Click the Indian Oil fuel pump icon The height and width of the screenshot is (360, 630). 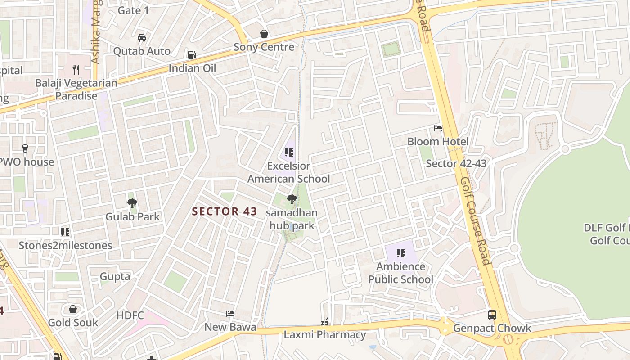(192, 55)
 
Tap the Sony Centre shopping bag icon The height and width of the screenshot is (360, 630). (264, 34)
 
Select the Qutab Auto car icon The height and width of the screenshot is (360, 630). (142, 38)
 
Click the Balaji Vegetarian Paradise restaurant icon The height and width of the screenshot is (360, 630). (76, 70)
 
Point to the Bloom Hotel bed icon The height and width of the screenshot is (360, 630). (438, 128)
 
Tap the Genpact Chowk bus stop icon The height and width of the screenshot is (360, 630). (492, 315)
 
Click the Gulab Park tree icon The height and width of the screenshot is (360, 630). (132, 203)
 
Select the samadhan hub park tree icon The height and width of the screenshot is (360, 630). (292, 199)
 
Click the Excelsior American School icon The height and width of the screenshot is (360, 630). (289, 153)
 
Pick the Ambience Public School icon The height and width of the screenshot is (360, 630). (400, 253)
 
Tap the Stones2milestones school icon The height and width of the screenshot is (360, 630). (65, 232)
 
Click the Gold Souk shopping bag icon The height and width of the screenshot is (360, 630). (73, 309)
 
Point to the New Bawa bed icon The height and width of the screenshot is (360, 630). (230, 314)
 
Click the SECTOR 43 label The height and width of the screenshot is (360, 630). (225, 211)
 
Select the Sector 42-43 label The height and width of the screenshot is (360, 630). (456, 163)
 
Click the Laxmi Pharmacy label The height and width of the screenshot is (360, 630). (324, 335)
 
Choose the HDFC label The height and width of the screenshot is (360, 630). (130, 315)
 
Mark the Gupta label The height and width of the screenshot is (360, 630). (115, 276)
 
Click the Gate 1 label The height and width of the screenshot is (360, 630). (133, 10)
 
